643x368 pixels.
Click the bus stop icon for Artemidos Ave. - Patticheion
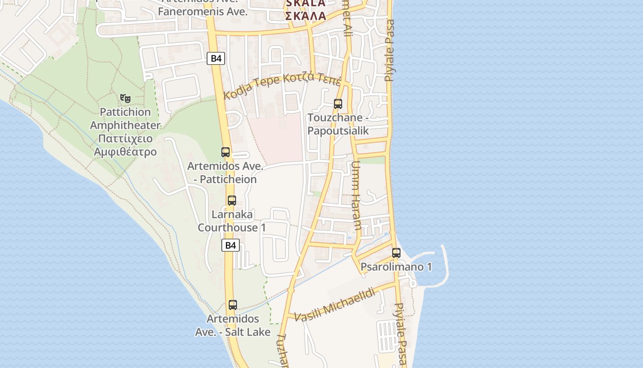[226, 152]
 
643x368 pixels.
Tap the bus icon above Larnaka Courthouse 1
[232, 201]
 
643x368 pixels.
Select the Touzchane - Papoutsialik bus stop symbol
[338, 104]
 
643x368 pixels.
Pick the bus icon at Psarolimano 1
[396, 253]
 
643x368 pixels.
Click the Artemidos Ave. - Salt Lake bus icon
[233, 305]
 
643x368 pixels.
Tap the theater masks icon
[125, 98]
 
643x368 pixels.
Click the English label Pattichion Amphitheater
[125, 119]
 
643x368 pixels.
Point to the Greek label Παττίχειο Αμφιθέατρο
[125, 145]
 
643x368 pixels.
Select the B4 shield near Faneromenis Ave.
[216, 58]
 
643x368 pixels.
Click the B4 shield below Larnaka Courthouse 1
[231, 245]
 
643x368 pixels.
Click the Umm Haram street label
[357, 195]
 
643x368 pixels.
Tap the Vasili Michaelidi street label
[334, 305]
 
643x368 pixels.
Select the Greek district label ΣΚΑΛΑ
[305, 16]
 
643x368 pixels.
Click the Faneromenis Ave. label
[203, 11]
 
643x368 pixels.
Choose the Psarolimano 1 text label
[396, 267]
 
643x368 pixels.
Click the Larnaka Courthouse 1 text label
[232, 221]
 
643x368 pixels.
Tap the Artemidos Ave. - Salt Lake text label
[233, 325]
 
